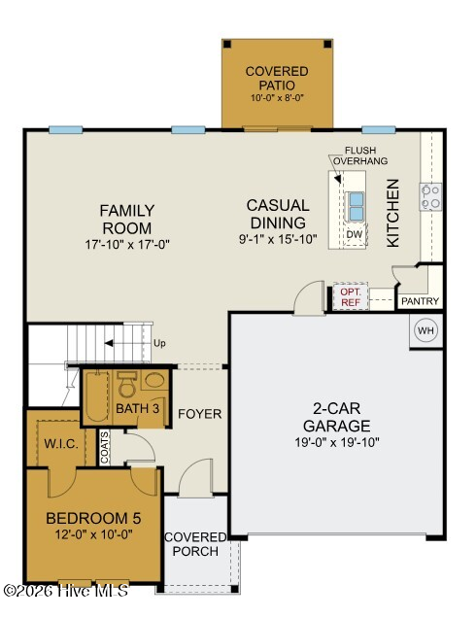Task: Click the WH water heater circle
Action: pos(425,330)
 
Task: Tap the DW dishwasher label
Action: pos(355,234)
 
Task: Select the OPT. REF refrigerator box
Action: pos(351,296)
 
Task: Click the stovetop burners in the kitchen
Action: pos(430,196)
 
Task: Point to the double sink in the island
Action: pos(356,206)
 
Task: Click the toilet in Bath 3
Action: pos(127,384)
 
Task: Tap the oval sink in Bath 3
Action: pos(154,380)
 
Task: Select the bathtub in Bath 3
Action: pos(97,396)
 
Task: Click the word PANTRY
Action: pos(420,301)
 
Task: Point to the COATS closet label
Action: pos(104,447)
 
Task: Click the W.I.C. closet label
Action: pos(61,444)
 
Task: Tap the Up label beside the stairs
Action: pos(159,343)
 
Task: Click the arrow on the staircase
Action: pos(125,343)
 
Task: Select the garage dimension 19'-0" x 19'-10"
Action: pos(337,442)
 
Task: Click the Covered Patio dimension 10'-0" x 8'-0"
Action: pos(278,98)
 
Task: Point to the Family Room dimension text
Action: pos(127,244)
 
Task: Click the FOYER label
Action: pos(200,414)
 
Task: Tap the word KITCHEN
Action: pos(392,213)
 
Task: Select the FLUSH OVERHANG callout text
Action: pos(360,155)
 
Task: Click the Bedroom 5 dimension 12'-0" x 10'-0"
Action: pos(94,534)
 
